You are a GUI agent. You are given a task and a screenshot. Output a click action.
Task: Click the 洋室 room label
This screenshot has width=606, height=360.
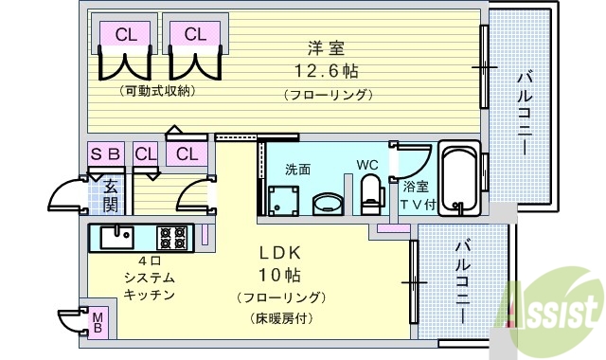point(324,47)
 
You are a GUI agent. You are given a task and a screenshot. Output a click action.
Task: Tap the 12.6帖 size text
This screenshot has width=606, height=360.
point(325,71)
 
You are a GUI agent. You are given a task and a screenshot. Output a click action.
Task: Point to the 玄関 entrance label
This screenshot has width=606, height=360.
point(110,195)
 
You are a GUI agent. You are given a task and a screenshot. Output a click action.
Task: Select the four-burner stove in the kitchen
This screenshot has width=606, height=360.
point(173,235)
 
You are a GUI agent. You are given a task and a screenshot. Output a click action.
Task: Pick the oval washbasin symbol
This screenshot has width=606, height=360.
point(329,203)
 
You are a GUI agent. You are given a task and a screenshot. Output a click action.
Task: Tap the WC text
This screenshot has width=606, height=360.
point(367,165)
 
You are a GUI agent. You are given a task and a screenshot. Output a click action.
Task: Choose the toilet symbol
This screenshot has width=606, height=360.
point(371,194)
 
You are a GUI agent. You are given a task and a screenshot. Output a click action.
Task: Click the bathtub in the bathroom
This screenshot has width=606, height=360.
point(460,177)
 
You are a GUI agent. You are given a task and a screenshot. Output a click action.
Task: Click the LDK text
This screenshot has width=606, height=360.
point(280,253)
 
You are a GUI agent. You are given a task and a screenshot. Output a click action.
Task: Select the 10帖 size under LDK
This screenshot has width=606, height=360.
point(280,276)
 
